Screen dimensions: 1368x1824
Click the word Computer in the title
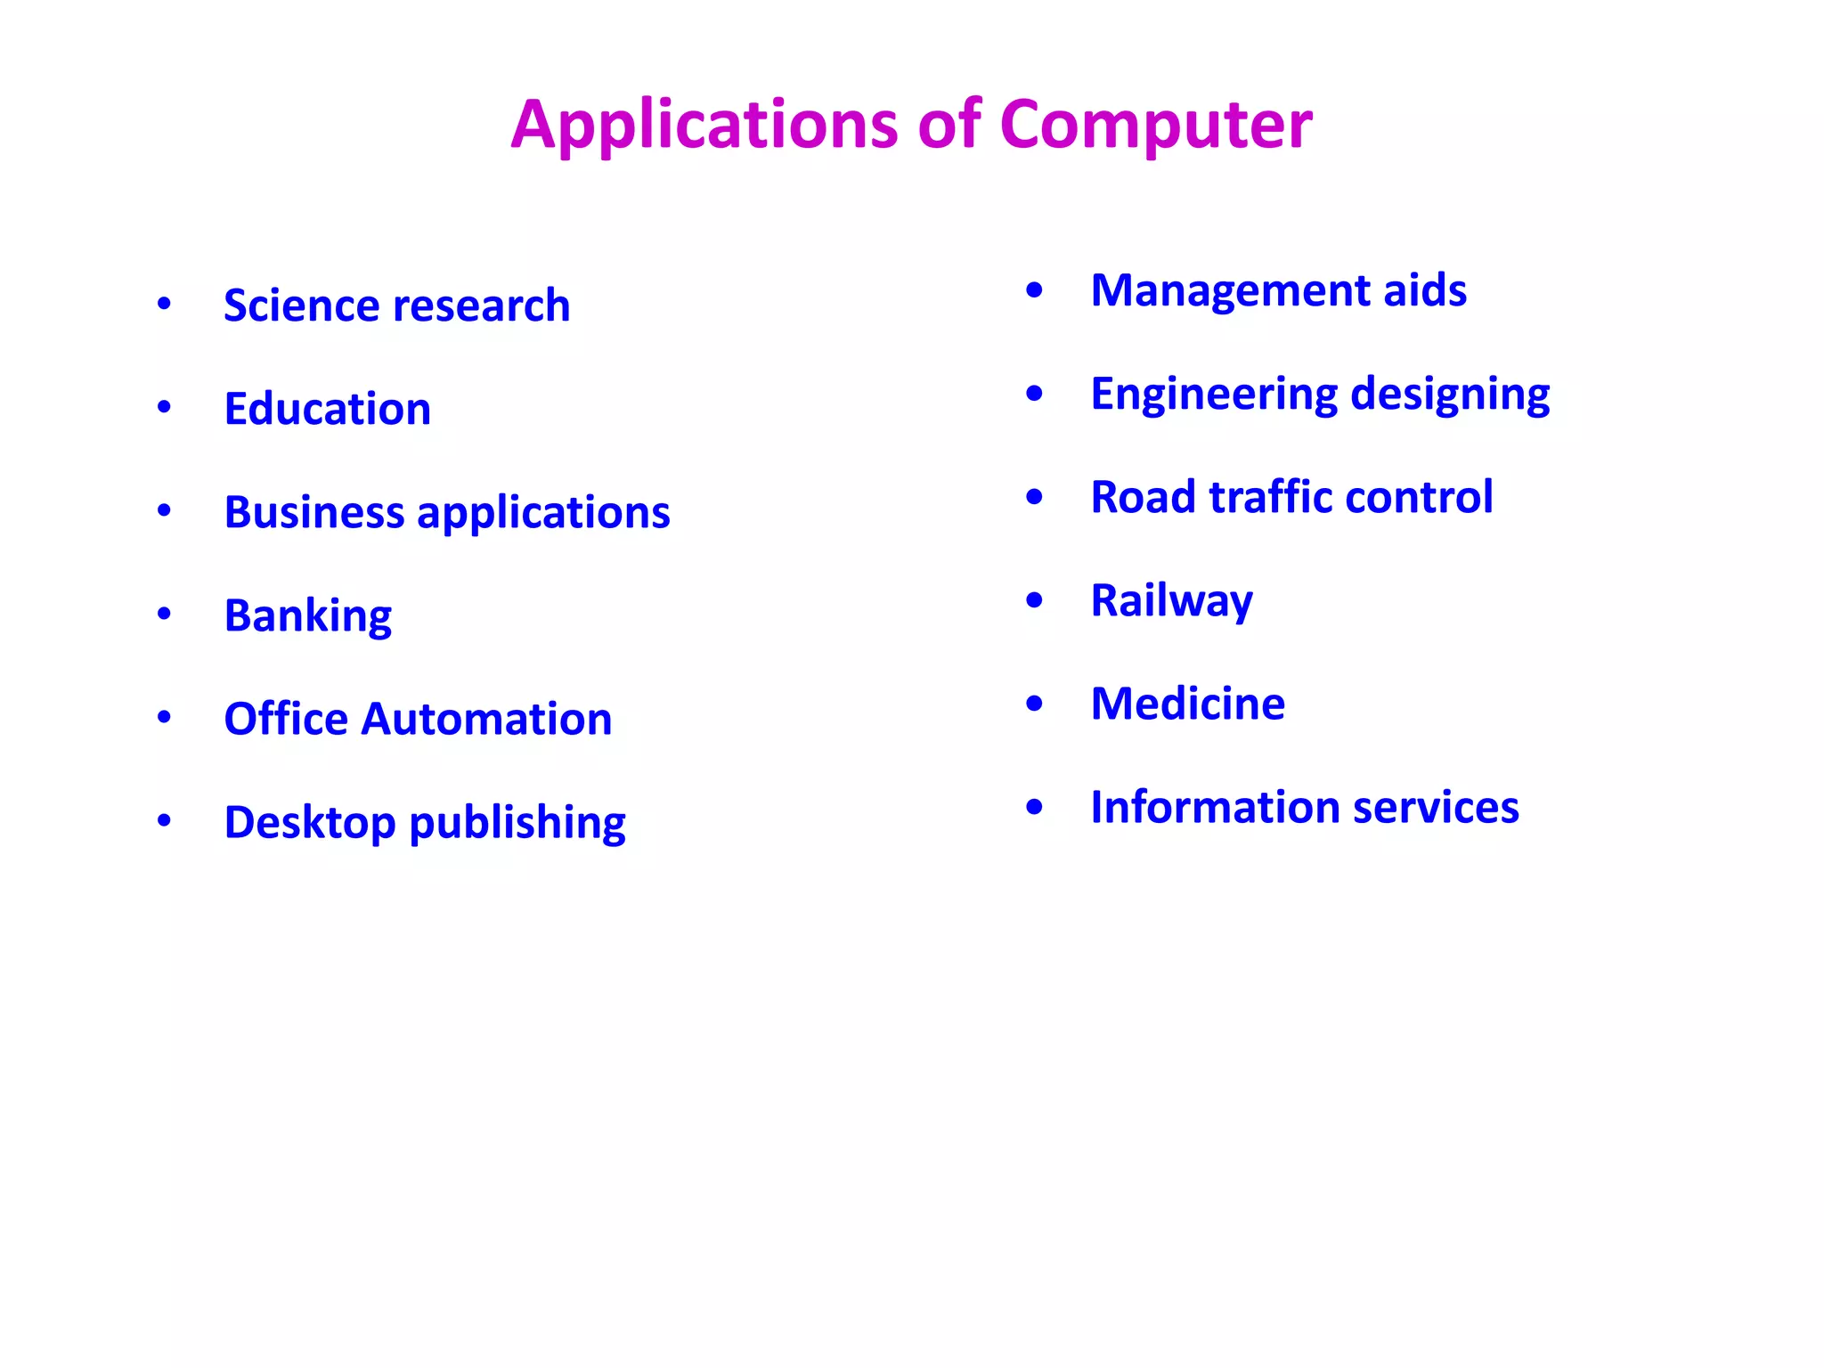pos(1155,125)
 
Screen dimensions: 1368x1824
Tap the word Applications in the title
pos(704,125)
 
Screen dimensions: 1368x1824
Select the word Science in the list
pos(292,305)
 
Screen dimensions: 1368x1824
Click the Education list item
pos(328,409)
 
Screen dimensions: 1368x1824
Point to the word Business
pos(314,512)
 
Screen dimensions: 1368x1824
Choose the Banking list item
pos(308,616)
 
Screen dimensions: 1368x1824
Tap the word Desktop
pos(310,822)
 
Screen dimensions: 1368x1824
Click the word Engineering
pos(1214,395)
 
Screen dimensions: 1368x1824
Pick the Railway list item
pos(1172,601)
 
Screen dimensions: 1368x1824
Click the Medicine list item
pos(1188,704)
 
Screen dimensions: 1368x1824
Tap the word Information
pos(1215,807)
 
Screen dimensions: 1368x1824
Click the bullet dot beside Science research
pos(164,305)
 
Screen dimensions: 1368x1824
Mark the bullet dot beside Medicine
pos(1034,704)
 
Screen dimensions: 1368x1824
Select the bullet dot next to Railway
pos(1034,600)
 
